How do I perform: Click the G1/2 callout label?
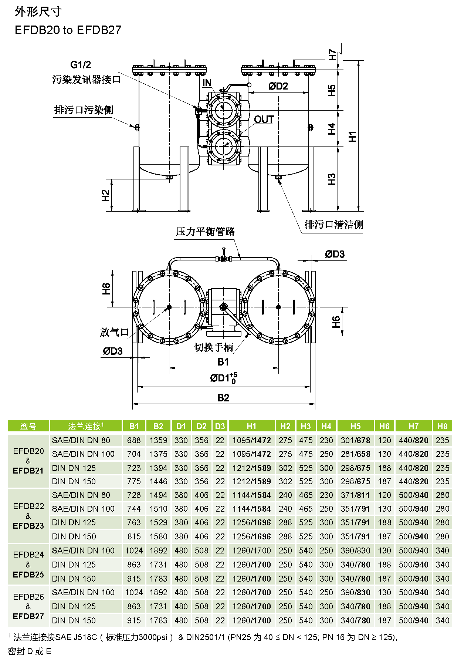(81, 65)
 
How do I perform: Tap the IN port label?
(207, 83)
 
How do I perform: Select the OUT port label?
(264, 119)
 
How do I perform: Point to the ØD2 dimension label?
(278, 86)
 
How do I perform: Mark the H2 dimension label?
(106, 195)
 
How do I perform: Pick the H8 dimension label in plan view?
(106, 289)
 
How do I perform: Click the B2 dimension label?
(223, 398)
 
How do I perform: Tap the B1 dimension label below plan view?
(223, 362)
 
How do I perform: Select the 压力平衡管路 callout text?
(205, 232)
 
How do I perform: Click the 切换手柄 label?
(214, 347)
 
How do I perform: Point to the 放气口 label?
(114, 332)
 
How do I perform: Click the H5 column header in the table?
(355, 426)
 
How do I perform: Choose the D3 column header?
(220, 426)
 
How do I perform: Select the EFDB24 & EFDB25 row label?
(28, 565)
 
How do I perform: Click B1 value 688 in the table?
(134, 440)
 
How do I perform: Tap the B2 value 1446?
(158, 481)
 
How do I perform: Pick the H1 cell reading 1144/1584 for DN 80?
(251, 495)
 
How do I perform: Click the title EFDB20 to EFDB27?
(68, 30)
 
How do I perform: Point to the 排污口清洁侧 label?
(333, 224)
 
